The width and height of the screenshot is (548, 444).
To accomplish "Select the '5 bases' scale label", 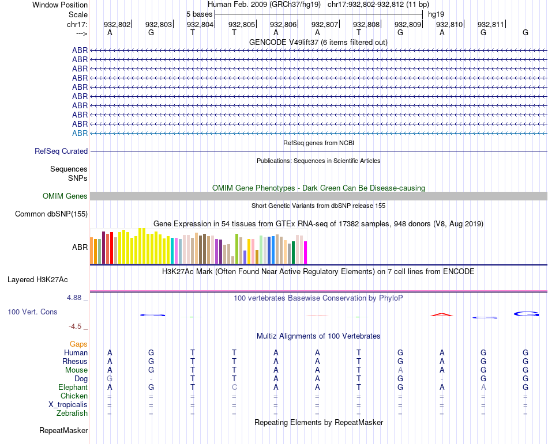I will [x=199, y=14].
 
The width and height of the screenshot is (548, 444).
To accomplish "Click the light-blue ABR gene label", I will [x=80, y=133].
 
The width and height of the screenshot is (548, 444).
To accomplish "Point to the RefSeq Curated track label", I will [x=61, y=151].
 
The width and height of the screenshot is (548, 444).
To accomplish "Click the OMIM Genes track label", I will [x=65, y=196].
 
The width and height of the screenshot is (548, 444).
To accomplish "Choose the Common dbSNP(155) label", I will [x=51, y=214].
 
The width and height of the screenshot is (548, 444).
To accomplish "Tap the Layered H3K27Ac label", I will [x=37, y=280].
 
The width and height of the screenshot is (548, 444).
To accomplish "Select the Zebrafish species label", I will [x=72, y=413].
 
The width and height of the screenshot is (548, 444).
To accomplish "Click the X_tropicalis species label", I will [x=68, y=404].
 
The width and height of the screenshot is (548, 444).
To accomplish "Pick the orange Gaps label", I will [x=78, y=344].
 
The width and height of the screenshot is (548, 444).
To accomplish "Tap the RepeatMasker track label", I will [x=63, y=430].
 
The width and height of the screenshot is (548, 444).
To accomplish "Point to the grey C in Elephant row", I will [x=234, y=388].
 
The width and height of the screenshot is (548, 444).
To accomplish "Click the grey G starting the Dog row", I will [x=110, y=379].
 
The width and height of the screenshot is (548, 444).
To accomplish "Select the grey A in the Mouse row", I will [x=400, y=370].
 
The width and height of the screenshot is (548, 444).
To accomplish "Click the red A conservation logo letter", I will [x=441, y=314].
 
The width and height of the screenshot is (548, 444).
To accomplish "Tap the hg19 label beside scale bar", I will [x=436, y=14].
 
